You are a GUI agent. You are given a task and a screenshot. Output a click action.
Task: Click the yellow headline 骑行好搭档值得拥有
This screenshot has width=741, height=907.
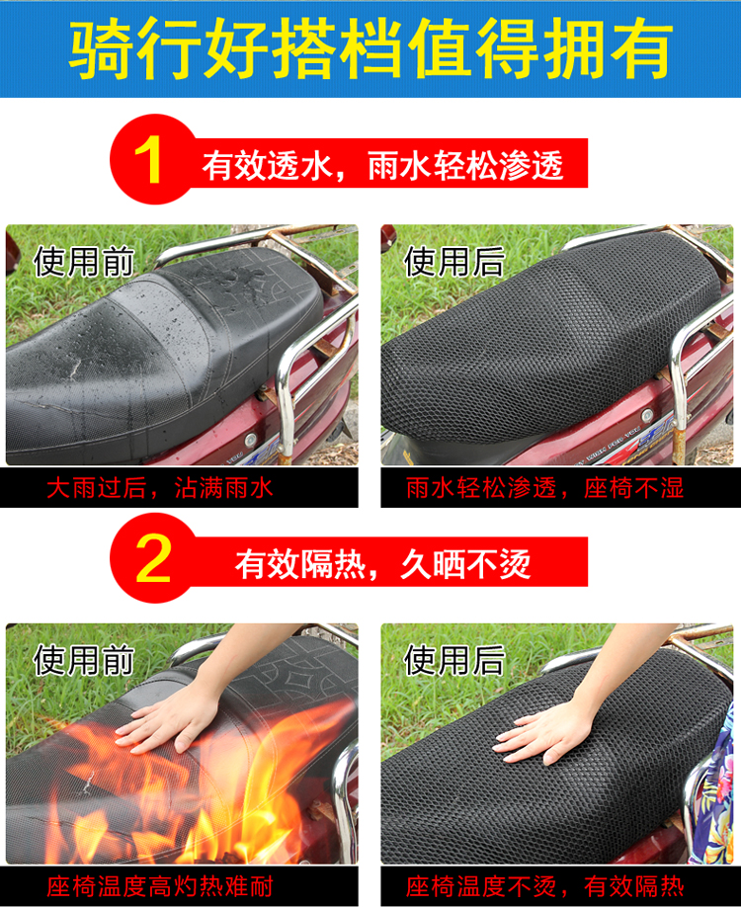coord(370,48)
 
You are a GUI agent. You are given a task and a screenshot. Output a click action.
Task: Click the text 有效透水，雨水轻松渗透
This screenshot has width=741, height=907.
coord(382,166)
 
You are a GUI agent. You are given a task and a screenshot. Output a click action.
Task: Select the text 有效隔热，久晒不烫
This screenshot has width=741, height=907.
coord(382,564)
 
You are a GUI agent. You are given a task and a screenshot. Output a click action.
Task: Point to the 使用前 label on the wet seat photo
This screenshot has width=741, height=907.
coord(84,262)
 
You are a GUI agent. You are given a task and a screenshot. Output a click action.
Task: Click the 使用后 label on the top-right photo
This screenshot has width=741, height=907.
coord(454,262)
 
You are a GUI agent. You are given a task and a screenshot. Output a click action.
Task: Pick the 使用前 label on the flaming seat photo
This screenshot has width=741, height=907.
coord(84,661)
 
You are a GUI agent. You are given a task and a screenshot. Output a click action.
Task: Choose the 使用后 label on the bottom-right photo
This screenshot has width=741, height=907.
coord(454,661)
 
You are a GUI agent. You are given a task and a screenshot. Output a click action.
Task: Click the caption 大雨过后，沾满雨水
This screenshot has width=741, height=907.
coord(160,488)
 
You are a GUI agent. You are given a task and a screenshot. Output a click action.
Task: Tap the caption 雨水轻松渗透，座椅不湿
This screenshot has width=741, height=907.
coord(544,488)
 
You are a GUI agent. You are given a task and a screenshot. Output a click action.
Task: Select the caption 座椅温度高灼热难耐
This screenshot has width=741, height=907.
coord(160,886)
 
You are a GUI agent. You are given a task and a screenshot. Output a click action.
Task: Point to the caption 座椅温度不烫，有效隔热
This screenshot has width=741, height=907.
coord(544,886)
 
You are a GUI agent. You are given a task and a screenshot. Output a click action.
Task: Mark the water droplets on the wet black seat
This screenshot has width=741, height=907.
coord(174,324)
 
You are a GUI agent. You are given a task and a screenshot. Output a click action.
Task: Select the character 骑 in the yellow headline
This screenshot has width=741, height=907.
coord(101,48)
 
